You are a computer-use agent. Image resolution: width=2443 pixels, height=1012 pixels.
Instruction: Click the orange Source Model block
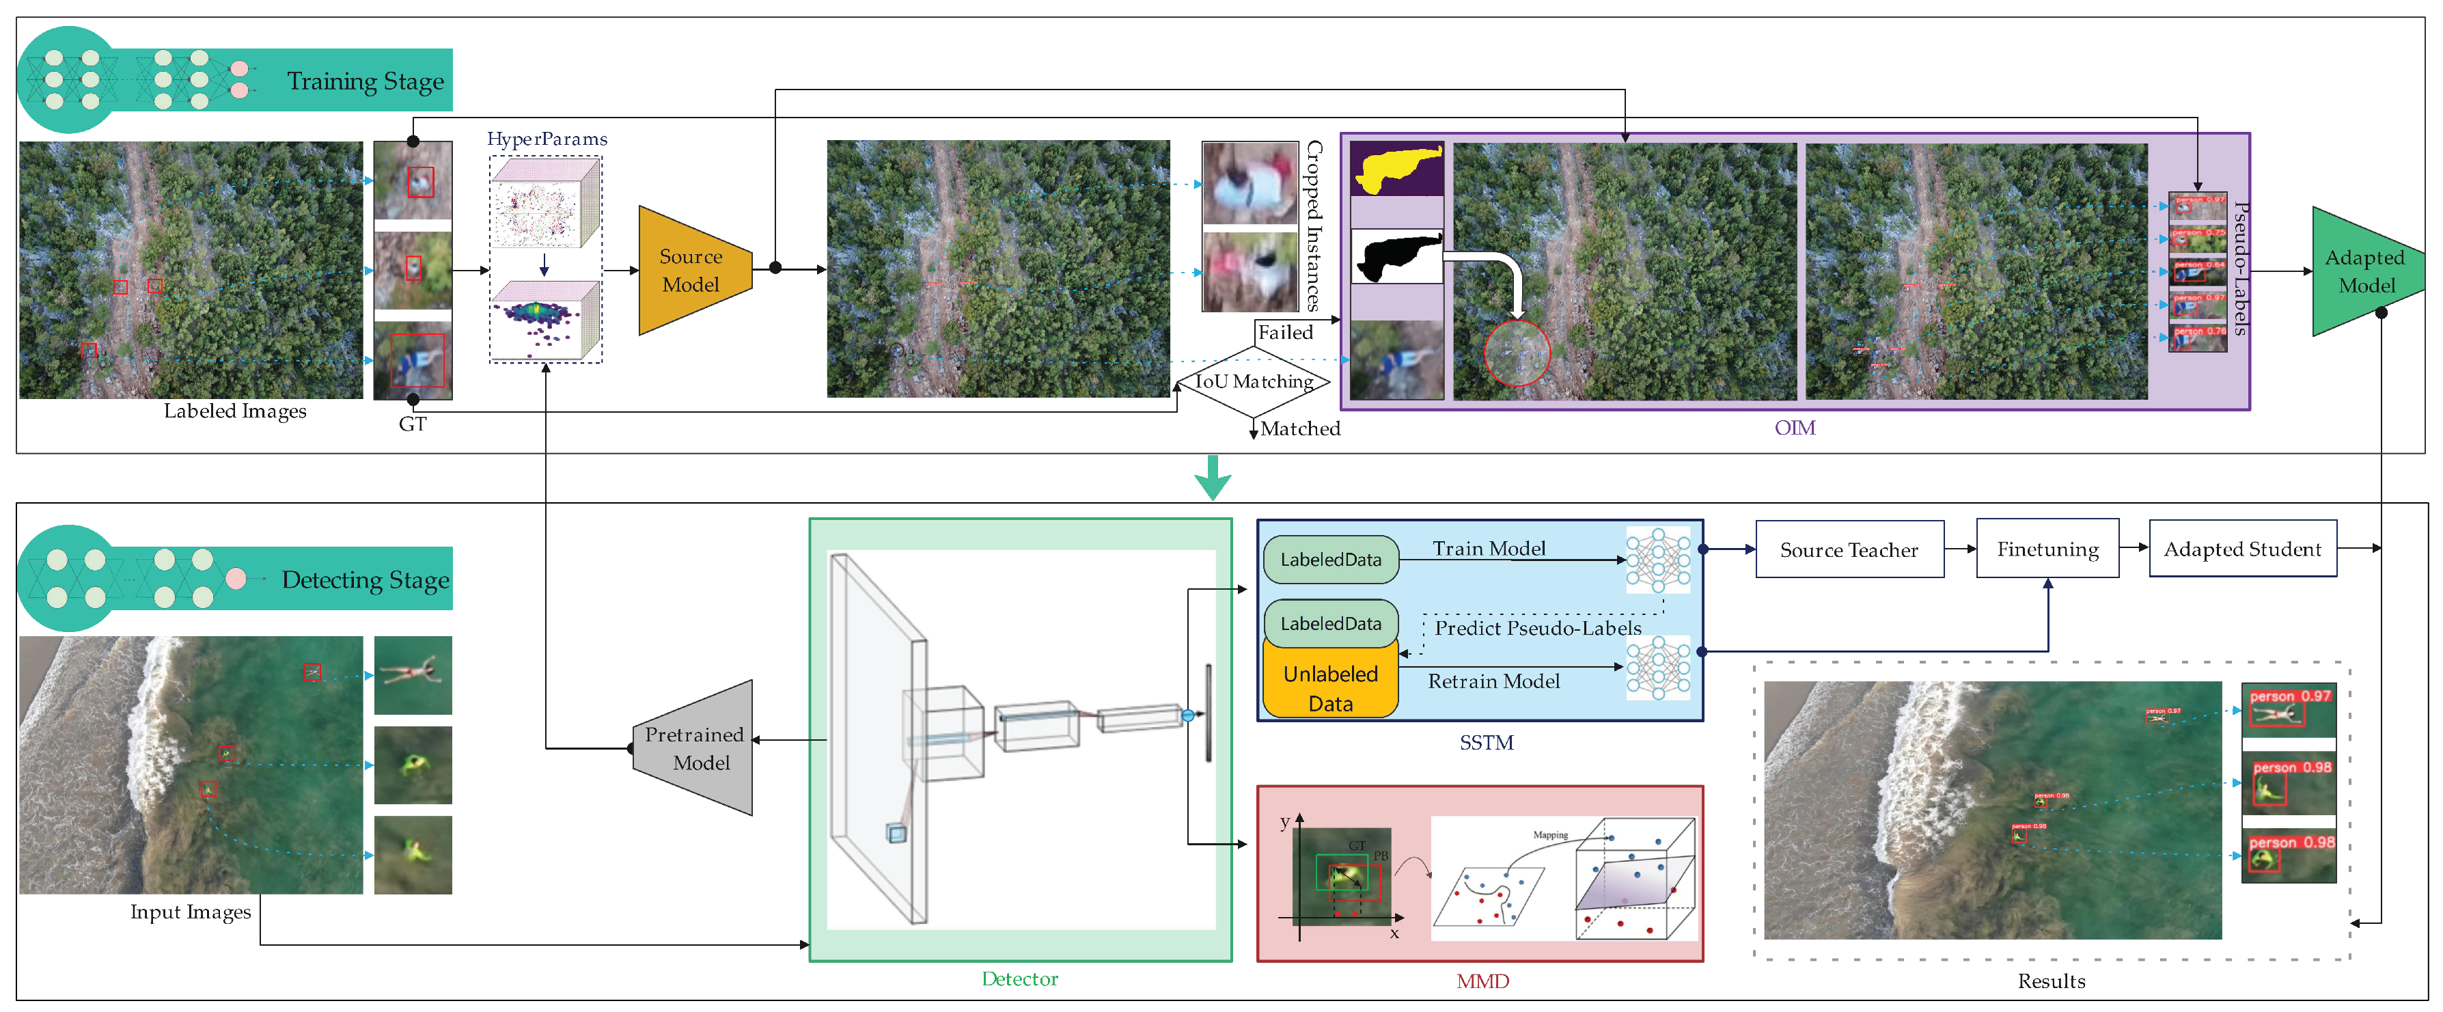point(692,271)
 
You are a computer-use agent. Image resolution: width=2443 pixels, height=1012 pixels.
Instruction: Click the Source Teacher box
point(1849,549)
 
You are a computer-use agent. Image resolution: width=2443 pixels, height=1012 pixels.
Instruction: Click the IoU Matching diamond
point(1253,381)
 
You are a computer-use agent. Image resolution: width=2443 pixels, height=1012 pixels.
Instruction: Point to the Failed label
point(1285,332)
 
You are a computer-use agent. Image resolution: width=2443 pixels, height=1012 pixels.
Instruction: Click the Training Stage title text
point(365,81)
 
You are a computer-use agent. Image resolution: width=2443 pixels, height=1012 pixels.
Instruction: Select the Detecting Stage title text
point(365,579)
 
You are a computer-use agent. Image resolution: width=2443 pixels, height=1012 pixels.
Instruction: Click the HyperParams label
point(547,139)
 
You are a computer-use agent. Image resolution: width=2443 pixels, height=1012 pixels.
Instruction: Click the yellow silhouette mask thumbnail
point(1396,169)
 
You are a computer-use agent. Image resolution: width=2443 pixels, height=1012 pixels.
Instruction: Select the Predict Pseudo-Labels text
point(1536,628)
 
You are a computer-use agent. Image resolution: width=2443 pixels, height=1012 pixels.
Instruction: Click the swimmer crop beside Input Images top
point(413,674)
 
